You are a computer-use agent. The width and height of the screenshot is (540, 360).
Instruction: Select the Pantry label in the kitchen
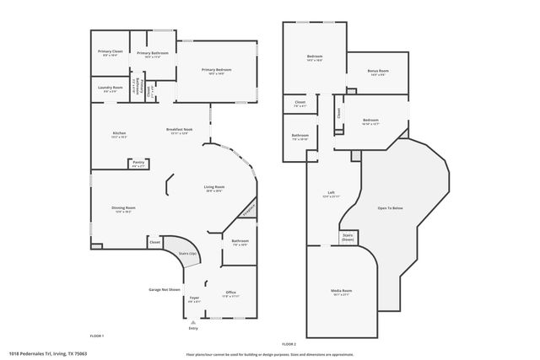point(138,162)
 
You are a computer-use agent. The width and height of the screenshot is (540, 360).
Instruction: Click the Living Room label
point(213,186)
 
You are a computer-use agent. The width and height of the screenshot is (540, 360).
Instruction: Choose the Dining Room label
point(124,207)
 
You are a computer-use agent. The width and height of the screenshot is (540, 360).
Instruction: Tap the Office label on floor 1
point(230,293)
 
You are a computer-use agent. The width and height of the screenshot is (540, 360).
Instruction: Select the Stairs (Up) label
point(186,253)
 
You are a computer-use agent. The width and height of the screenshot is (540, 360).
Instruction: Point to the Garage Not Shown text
point(165,288)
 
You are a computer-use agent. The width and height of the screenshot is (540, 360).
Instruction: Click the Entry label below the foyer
point(193,328)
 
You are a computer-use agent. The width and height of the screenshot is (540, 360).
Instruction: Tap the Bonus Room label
point(379,72)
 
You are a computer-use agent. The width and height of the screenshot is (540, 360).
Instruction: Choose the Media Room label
point(341,291)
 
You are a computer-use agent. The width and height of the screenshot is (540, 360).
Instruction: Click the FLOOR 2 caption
point(289,345)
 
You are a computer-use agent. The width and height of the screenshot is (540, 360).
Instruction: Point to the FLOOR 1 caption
point(96,336)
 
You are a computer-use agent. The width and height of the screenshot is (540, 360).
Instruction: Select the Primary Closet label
point(110,52)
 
